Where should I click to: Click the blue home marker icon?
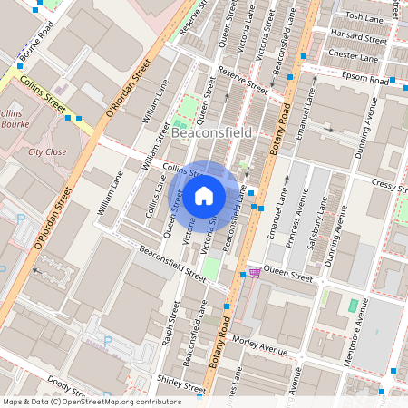204,196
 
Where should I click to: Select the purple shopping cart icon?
255,272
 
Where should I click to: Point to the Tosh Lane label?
364,17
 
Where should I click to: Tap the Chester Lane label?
355,54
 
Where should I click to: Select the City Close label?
46,152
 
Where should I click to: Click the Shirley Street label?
178,381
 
